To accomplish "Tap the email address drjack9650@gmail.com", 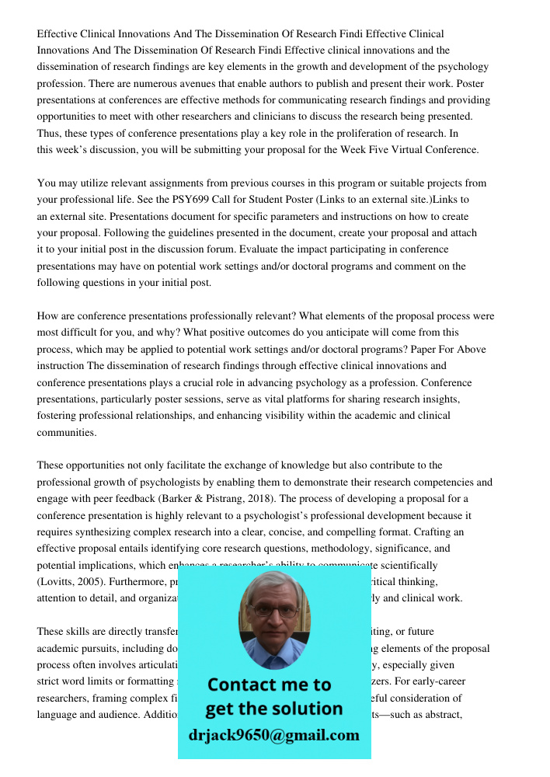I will (273, 734).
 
